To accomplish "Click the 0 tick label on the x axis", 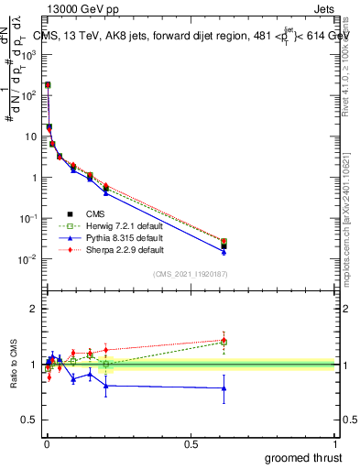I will pyautogui.click(x=46, y=444).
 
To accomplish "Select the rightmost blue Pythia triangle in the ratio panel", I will pyautogui.click(x=224, y=388).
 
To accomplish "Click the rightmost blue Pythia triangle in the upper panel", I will pyautogui.click(x=224, y=252).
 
